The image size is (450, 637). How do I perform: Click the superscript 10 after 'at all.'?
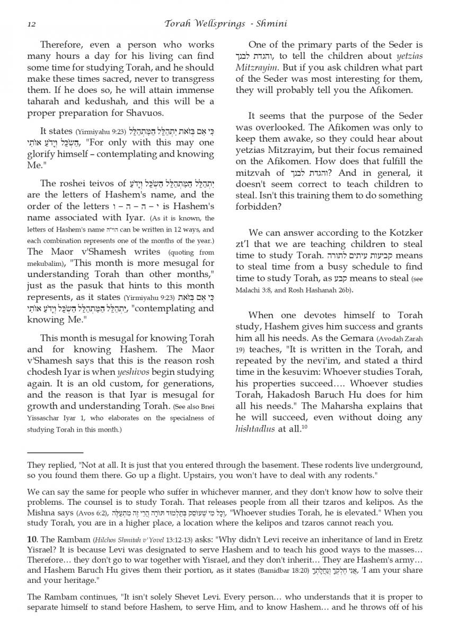[x=304, y=426]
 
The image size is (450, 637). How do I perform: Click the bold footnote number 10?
[x=32, y=539]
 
